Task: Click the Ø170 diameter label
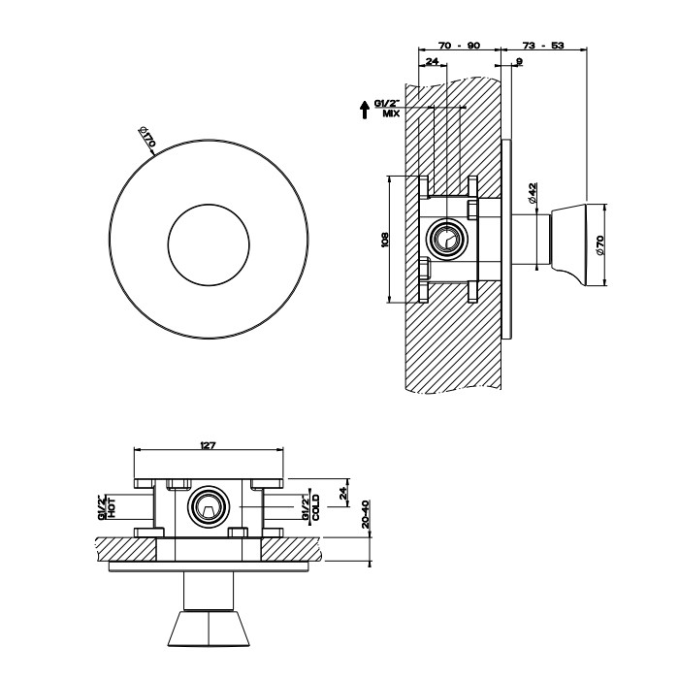pos(147,139)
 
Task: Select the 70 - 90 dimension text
pos(459,46)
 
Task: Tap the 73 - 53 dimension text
pos(543,46)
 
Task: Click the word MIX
pos(391,113)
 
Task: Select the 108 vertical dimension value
pos(385,238)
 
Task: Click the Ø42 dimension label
pos(533,193)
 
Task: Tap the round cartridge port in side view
pos(446,239)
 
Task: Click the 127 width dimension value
pos(208,445)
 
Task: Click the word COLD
pos(316,507)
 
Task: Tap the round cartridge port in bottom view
pos(207,505)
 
